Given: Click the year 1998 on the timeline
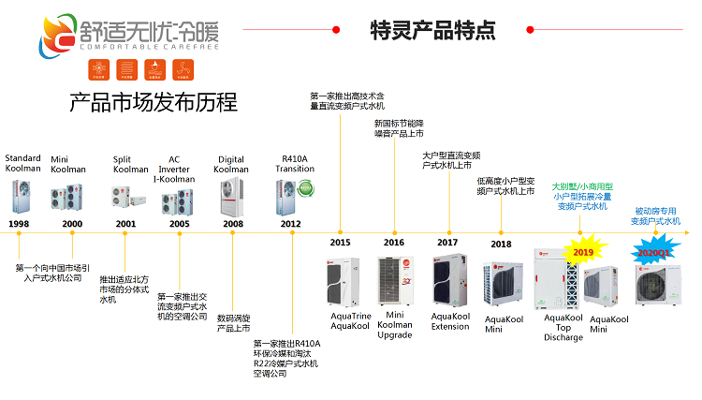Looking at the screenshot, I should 19,224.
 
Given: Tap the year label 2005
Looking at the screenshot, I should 179,224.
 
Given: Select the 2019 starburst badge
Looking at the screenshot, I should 583,252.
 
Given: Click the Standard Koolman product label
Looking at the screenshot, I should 22,164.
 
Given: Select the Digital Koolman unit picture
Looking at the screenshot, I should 231,195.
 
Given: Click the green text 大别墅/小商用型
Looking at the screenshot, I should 581,186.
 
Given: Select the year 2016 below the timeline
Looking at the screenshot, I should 393,243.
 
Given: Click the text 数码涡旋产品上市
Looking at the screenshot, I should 234,323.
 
